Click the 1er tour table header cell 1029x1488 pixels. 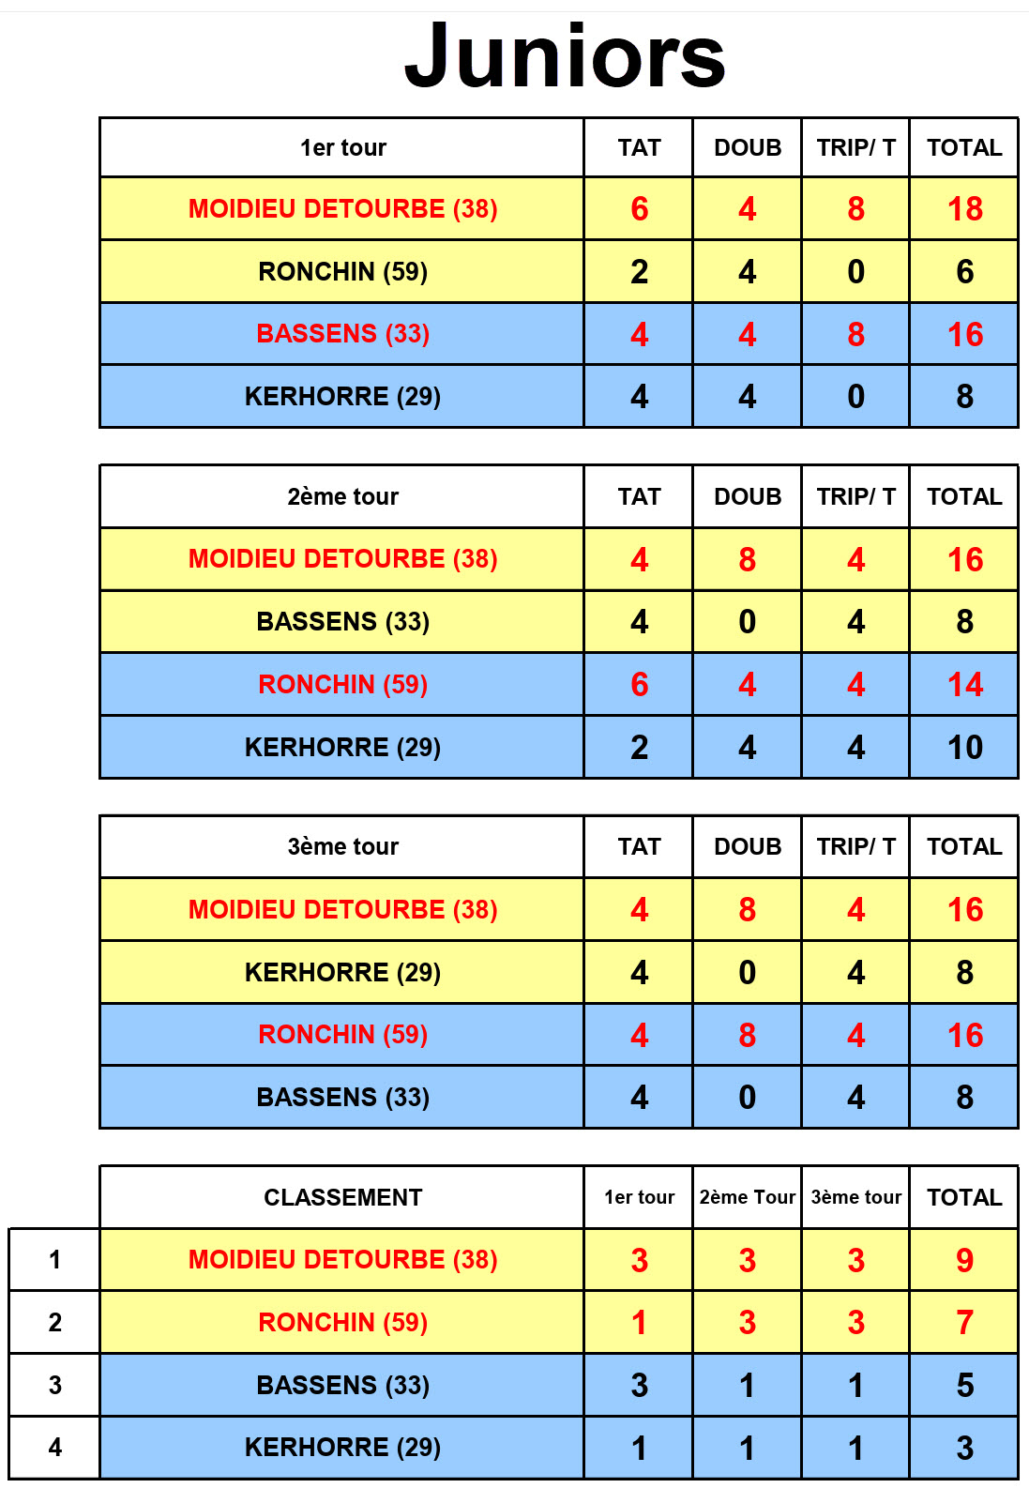[342, 147]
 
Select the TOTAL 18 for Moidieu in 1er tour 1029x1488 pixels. [964, 208]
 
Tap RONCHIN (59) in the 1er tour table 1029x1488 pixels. [342, 271]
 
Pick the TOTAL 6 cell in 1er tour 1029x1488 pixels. [964, 271]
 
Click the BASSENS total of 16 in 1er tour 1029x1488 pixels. [964, 334]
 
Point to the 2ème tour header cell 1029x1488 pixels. [342, 496]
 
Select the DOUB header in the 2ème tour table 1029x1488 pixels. [748, 496]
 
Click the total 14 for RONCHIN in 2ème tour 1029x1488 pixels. [964, 685]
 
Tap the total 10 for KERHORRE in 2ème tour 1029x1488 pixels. [964, 748]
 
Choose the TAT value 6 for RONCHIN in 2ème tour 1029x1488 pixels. [639, 685]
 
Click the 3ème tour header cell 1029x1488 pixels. [342, 846]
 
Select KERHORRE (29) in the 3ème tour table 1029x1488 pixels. [342, 972]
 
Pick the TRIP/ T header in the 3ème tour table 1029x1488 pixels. [855, 846]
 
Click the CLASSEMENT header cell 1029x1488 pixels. [342, 1197]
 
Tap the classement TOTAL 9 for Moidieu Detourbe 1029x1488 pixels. [964, 1260]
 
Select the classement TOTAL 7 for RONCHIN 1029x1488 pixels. [964, 1323]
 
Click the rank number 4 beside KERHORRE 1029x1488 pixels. [55, 1448]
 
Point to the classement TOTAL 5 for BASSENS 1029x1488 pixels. [964, 1386]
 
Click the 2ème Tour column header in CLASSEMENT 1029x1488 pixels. [748, 1197]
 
